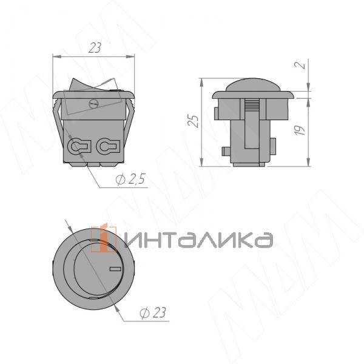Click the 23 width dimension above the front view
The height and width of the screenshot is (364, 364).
point(95,48)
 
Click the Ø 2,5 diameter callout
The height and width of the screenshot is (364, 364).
point(130,179)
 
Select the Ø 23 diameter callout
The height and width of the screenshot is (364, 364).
point(153,312)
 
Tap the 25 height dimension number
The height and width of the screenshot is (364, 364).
point(194,121)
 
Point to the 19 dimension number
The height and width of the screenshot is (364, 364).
point(300,130)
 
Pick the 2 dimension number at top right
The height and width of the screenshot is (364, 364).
point(300,64)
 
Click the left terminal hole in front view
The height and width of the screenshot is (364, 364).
point(78,146)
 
